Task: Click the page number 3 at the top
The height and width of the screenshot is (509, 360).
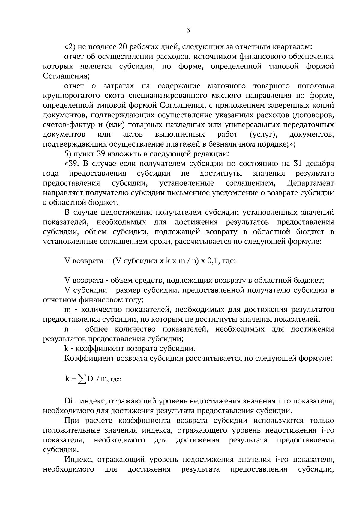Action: click(x=188, y=30)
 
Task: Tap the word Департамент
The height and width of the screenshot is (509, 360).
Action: click(x=310, y=183)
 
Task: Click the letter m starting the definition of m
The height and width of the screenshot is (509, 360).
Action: click(x=67, y=310)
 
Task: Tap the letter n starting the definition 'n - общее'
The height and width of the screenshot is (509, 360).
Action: click(x=67, y=329)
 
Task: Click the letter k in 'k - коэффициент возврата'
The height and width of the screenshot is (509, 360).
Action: click(x=66, y=348)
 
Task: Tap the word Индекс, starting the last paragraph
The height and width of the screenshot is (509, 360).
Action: click(x=79, y=460)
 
